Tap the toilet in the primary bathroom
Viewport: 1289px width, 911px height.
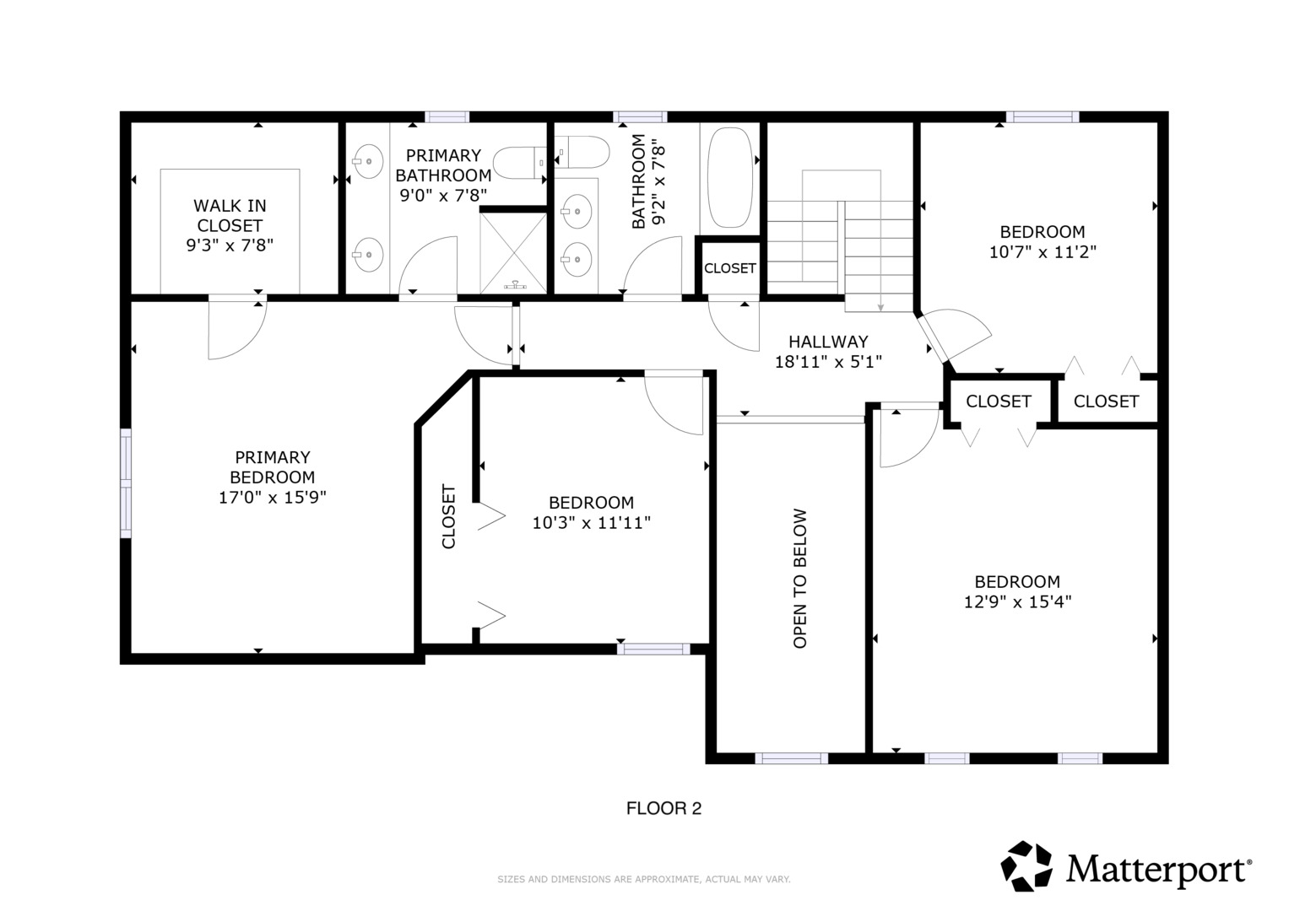[x=520, y=162]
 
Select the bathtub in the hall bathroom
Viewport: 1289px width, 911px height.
[x=729, y=177]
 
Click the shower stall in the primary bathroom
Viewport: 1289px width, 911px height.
[x=512, y=252]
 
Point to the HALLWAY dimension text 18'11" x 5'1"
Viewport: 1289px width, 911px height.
[x=828, y=362]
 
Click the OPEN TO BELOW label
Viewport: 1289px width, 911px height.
[x=800, y=578]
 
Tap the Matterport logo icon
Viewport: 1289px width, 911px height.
[x=1026, y=865]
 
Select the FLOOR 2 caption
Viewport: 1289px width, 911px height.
[x=663, y=808]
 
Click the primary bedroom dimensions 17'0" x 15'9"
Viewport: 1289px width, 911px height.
[x=272, y=497]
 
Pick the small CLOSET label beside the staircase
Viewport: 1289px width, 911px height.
[x=729, y=268]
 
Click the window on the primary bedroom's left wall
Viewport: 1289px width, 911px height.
[x=126, y=483]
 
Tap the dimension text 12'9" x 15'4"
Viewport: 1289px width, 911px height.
[x=1017, y=601]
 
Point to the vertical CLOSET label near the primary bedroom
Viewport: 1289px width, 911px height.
[x=448, y=516]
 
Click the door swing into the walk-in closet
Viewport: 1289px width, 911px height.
[x=237, y=330]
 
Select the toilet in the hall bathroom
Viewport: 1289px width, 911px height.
[x=582, y=152]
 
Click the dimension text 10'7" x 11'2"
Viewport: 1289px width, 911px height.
[x=1043, y=252]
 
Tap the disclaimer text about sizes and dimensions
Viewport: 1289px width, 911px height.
[x=644, y=879]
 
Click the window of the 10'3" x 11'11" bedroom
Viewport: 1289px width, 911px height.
[x=653, y=649]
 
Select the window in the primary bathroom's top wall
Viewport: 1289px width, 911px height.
[x=447, y=116]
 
